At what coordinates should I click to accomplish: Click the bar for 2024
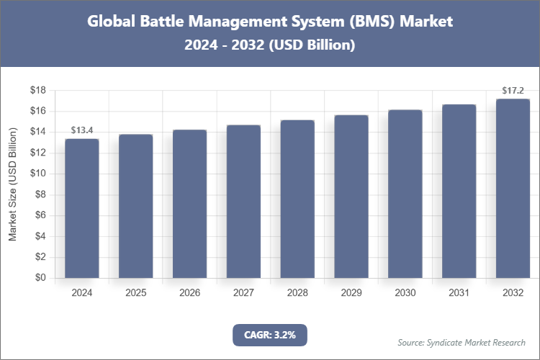pos(81,208)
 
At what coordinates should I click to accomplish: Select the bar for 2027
pos(243,202)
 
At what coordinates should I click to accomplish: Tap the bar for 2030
pos(405,194)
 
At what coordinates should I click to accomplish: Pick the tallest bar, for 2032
pos(513,188)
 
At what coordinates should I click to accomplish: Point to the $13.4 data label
pos(81,130)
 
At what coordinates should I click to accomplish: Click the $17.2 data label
pos(513,91)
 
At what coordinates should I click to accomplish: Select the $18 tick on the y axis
pos(37,90)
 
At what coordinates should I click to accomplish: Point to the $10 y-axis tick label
pos(37,174)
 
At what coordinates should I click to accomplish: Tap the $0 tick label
pos(40,278)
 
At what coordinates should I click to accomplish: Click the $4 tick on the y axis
pos(40,236)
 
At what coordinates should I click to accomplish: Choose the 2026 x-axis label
pos(189,293)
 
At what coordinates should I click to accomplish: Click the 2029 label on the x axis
pos(351,293)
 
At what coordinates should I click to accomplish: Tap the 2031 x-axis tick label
pos(459,293)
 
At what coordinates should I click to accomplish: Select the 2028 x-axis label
pos(297,293)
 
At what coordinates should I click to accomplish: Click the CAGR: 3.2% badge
pos(270,335)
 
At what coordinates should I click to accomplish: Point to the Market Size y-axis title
pos(12,184)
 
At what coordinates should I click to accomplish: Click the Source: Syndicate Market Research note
pos(462,342)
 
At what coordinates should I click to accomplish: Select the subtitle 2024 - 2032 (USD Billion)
pos(270,45)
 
